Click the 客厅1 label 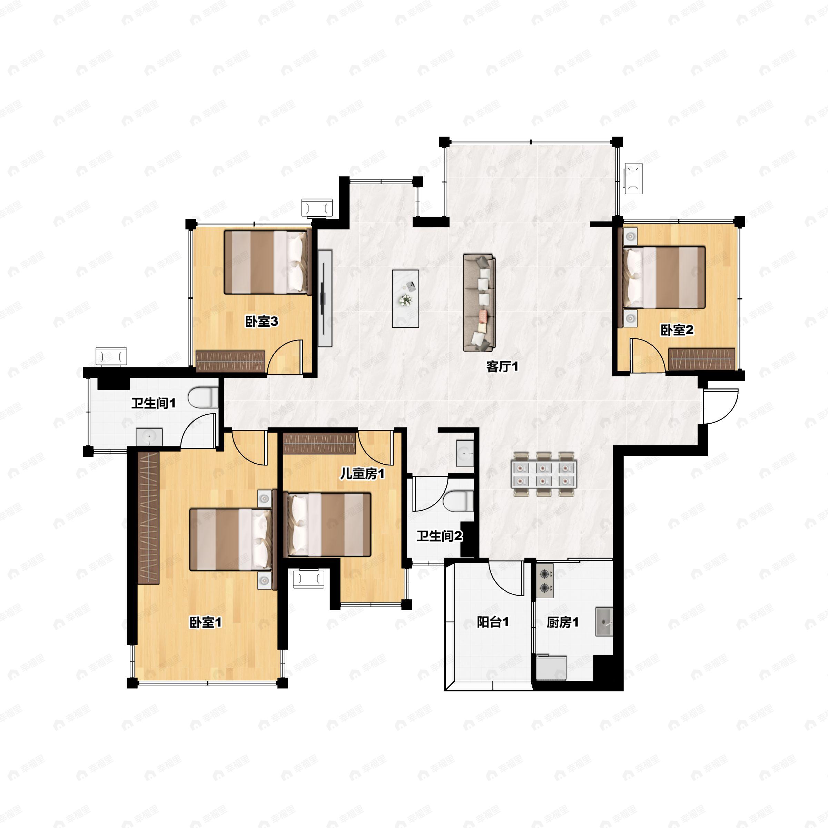coord(502,366)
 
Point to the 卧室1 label coord(206,622)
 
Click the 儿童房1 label coord(362,474)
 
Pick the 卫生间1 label coord(154,403)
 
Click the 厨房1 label coord(563,622)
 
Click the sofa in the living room coord(479,303)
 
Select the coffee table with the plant coord(405,298)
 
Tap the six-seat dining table coord(543,474)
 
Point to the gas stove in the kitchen coord(545,581)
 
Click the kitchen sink coord(604,621)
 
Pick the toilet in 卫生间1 coord(203,397)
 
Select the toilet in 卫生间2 coord(458,501)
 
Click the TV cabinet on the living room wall coord(325,298)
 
